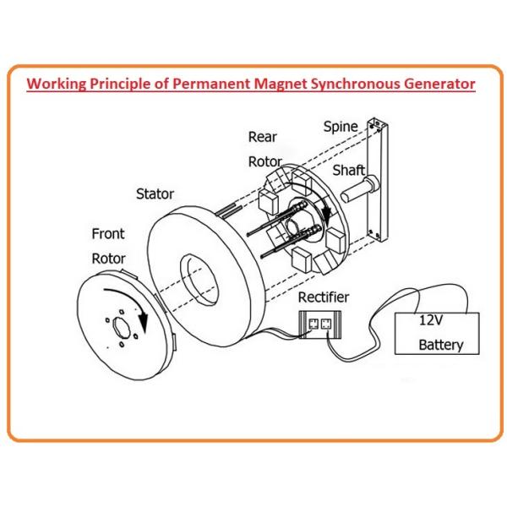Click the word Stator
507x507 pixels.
tap(155, 194)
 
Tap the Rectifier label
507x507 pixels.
tap(324, 297)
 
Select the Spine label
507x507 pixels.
tap(341, 127)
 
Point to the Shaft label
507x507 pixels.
tap(348, 171)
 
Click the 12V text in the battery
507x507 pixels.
tap(433, 321)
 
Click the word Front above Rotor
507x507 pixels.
tap(107, 232)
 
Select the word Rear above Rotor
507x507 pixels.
tap(262, 136)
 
